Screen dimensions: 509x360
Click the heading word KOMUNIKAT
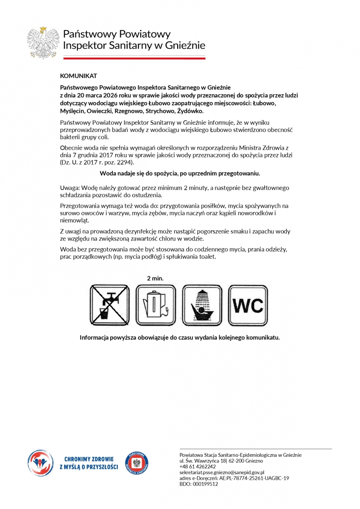tap(78, 76)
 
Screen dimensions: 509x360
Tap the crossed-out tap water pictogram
tap(109, 305)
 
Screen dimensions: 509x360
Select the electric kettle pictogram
tap(155, 305)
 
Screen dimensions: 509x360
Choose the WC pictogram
tap(248, 305)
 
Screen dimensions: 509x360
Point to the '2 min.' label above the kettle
tap(155, 279)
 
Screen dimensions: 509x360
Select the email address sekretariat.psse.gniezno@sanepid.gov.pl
tap(222, 472)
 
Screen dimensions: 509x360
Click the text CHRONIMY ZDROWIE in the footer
tap(89, 459)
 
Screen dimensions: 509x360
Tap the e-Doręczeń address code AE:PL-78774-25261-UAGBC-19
tap(254, 478)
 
